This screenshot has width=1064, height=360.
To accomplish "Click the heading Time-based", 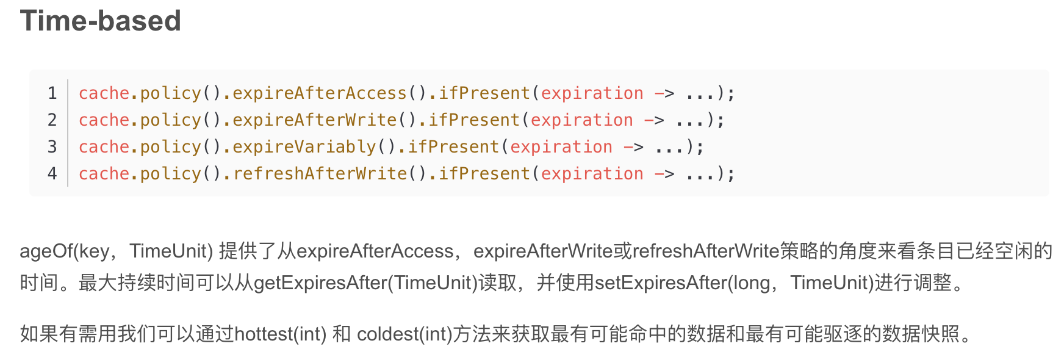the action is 100,21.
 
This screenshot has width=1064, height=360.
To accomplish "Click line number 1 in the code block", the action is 52,93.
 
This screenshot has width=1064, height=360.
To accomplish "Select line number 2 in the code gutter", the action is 52,120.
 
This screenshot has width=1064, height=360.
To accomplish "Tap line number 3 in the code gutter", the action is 52,147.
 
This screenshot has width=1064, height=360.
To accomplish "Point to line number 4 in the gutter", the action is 52,174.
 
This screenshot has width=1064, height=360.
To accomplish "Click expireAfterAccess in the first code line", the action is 319,93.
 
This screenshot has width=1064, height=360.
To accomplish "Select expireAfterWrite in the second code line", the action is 314,120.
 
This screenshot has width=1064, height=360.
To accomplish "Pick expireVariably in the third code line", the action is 304,147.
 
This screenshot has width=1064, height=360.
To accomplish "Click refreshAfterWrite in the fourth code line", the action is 319,174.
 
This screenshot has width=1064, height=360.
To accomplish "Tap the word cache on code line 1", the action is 104,93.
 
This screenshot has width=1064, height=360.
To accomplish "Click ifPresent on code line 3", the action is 453,147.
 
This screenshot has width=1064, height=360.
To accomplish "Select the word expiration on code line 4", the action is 592,174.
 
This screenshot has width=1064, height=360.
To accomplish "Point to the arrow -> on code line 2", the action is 654,120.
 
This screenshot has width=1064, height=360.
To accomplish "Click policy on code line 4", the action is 170,174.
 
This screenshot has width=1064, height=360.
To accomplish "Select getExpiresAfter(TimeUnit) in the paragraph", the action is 365,283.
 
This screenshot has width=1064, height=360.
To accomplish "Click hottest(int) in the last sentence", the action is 281,334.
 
